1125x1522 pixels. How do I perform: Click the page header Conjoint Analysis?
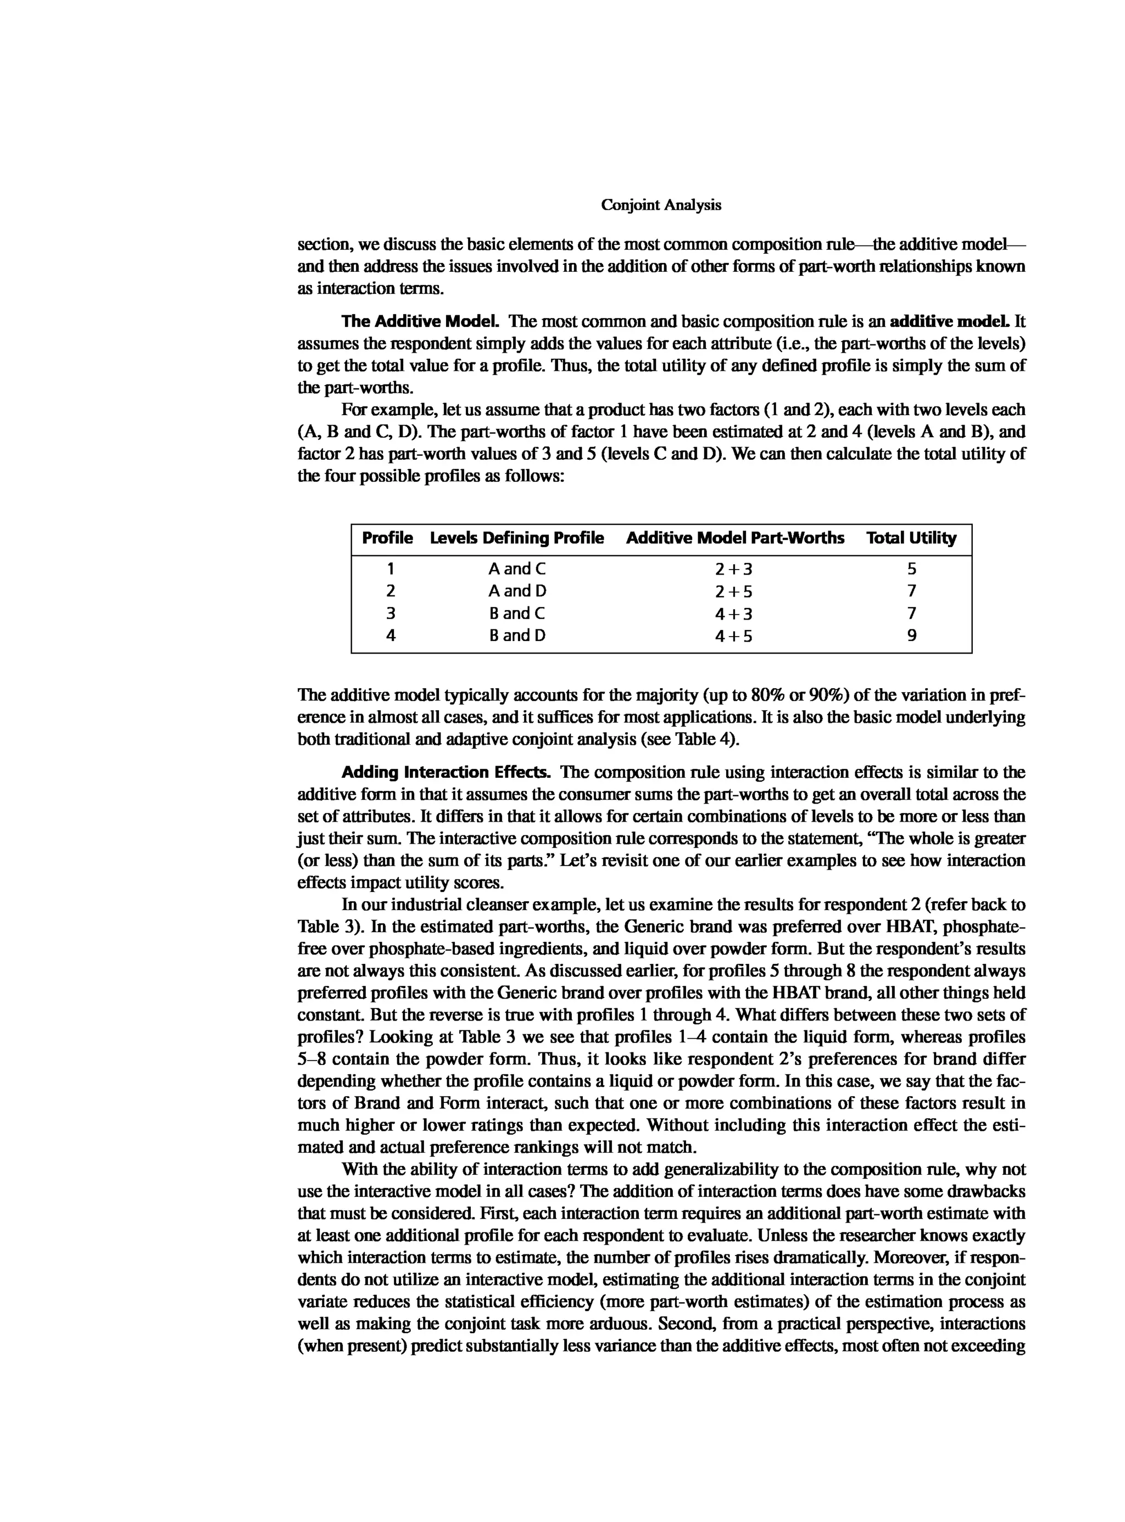coord(661,205)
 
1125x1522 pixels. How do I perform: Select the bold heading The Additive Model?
coord(421,321)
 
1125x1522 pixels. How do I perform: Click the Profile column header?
coord(387,538)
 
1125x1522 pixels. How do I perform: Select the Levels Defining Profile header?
coord(517,538)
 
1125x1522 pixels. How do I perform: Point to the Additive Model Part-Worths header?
coord(735,538)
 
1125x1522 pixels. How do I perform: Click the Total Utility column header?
coord(911,538)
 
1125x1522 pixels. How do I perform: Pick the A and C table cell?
coord(517,568)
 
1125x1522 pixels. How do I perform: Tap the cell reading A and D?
coord(517,590)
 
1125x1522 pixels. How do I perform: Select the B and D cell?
coord(517,635)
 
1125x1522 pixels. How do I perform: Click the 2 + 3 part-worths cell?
coord(733,569)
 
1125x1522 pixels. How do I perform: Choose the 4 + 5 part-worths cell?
coord(733,636)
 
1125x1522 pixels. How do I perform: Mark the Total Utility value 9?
coord(912,635)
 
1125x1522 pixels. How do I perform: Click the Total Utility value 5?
coord(912,568)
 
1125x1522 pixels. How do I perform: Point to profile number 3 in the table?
coord(390,613)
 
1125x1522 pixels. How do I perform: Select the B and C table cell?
coord(517,613)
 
